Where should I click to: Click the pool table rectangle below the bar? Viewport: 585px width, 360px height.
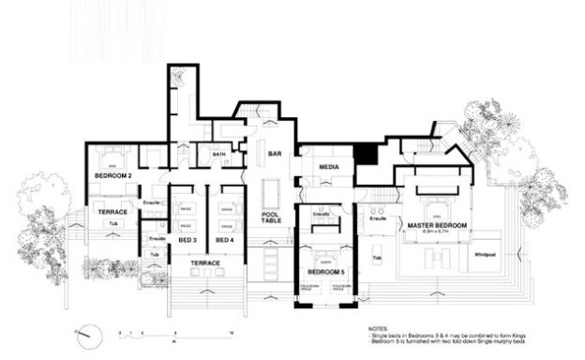click(273, 192)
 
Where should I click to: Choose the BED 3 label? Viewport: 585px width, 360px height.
click(187, 241)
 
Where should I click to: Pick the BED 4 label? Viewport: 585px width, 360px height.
click(224, 241)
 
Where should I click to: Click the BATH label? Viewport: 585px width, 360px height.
click(218, 157)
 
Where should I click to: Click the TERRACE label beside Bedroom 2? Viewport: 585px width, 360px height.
click(112, 212)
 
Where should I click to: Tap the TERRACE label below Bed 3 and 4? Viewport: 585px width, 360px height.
click(205, 263)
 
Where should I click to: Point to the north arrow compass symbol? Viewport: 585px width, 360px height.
click(85, 332)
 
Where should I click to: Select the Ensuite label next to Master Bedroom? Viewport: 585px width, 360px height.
click(379, 218)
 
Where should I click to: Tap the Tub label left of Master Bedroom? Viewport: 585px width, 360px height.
click(377, 257)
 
